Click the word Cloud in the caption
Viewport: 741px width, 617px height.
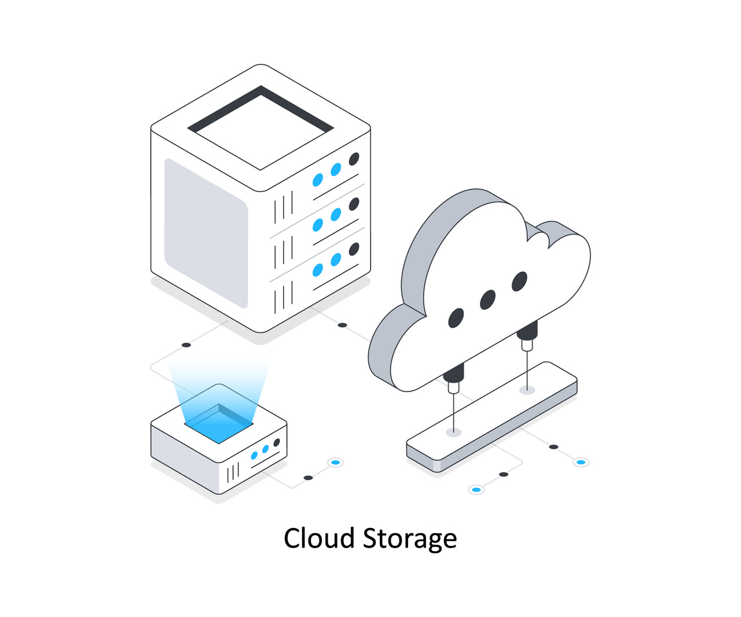tap(318, 538)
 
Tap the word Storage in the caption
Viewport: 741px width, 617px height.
tap(410, 539)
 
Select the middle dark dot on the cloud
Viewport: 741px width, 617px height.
tap(488, 300)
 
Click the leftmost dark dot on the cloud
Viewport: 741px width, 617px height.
tap(456, 318)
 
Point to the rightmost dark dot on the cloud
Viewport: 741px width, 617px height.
tap(519, 282)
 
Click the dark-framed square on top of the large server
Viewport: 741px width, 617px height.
tap(261, 128)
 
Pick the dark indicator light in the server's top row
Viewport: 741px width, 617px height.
tap(354, 159)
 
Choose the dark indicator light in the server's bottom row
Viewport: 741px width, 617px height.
tap(354, 249)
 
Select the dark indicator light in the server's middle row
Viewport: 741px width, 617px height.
tap(354, 204)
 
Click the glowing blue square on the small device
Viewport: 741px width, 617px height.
tap(219, 424)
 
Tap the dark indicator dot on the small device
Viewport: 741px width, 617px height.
tap(277, 443)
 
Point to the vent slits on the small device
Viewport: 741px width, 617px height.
tap(233, 472)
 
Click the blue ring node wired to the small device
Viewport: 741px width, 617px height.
tap(335, 462)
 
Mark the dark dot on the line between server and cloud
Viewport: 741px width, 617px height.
tap(342, 325)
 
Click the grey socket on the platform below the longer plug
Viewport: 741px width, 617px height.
tap(454, 432)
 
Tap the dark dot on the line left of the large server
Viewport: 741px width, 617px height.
tap(186, 345)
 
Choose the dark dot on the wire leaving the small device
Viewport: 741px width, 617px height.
tap(308, 478)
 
